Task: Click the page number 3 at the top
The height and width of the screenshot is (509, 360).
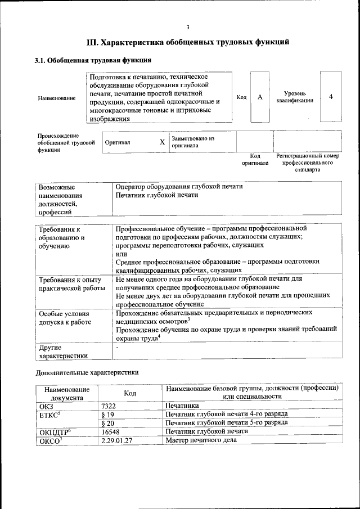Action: click(x=188, y=28)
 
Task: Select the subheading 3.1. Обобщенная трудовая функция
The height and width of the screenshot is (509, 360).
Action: click(x=93, y=60)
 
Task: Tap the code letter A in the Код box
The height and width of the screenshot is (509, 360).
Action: click(x=260, y=97)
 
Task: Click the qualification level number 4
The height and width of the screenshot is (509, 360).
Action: click(x=331, y=97)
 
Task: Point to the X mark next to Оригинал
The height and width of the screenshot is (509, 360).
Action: click(x=162, y=142)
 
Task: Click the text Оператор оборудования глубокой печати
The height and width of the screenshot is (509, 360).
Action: click(x=179, y=187)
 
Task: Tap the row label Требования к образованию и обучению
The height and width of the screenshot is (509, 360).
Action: click(x=62, y=237)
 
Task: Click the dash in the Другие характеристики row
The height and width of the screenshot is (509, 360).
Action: click(x=116, y=349)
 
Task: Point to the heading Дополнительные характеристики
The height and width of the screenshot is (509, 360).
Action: click(x=87, y=372)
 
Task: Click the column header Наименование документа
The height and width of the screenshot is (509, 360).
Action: click(x=67, y=393)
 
